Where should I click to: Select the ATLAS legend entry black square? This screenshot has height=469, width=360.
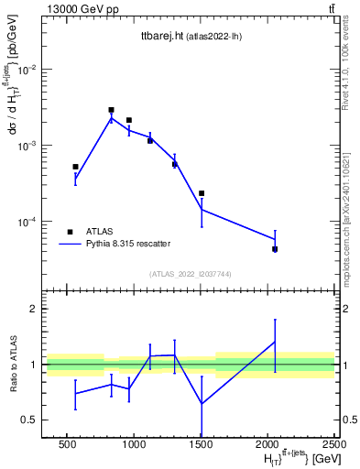(x=71, y=232)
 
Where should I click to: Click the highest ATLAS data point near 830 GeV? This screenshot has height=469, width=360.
(x=111, y=110)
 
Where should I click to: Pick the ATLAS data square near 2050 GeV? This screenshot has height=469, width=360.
(x=275, y=249)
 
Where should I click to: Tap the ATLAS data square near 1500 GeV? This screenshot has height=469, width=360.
(x=202, y=193)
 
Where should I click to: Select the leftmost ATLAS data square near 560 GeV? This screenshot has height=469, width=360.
(x=75, y=167)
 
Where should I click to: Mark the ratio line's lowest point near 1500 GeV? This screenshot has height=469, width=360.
(x=202, y=403)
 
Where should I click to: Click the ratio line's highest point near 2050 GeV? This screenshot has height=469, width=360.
(x=275, y=342)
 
